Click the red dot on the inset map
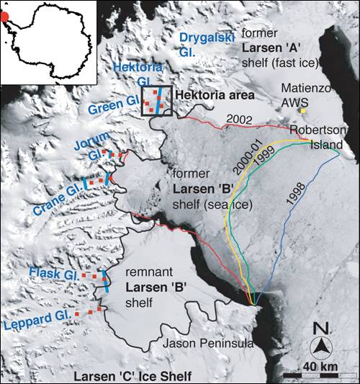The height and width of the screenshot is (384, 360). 5,19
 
